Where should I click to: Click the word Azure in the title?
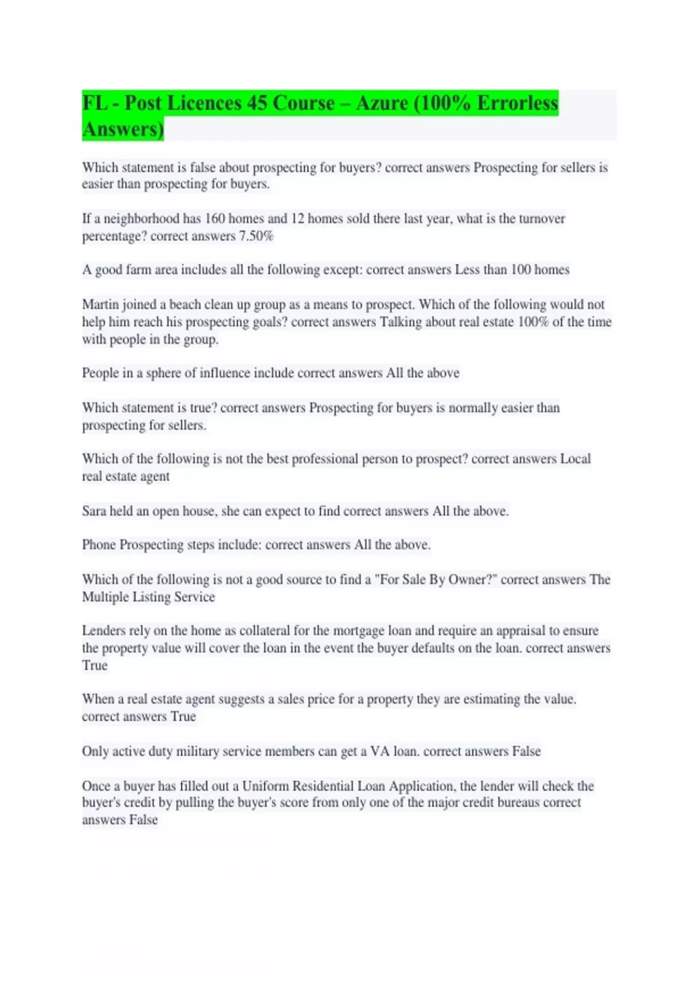(382, 103)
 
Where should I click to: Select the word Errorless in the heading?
(517, 103)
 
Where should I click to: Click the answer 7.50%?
(256, 236)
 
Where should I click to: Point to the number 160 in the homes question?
(215, 219)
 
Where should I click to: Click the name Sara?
(94, 511)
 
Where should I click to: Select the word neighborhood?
(142, 219)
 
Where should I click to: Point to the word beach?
(186, 304)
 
